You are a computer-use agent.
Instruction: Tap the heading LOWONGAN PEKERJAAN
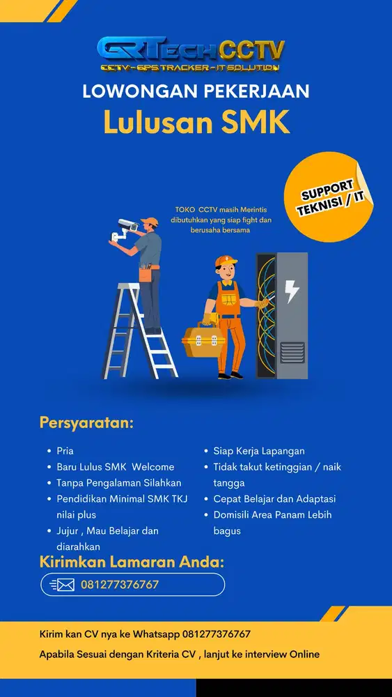click(196, 91)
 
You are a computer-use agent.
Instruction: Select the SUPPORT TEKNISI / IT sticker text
click(332, 201)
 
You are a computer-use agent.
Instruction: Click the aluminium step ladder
click(139, 328)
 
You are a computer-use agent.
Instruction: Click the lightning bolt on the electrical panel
click(292, 291)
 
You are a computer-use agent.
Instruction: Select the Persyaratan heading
click(86, 423)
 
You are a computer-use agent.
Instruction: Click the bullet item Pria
click(65, 451)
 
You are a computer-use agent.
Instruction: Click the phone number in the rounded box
click(120, 585)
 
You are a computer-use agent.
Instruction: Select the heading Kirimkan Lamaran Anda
click(132, 562)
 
